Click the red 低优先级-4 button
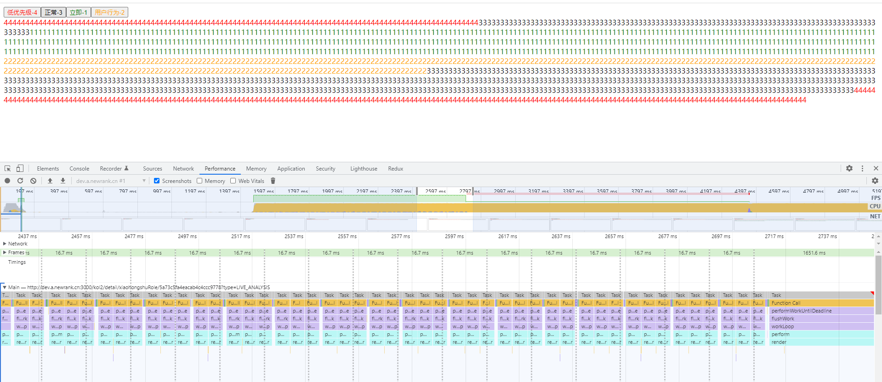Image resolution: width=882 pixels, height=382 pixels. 22,12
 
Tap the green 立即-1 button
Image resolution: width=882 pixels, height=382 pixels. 78,12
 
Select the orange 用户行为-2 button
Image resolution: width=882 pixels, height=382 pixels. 109,12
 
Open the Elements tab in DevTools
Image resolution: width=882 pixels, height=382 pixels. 48,169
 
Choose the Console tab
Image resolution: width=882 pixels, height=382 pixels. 79,169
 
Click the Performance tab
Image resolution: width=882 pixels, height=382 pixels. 220,169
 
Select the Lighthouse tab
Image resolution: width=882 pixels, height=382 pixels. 364,169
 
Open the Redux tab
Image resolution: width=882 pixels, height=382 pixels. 395,169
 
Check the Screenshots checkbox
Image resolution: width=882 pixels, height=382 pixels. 157,181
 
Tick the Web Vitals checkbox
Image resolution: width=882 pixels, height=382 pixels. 233,181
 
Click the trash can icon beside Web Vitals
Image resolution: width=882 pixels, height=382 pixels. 273,181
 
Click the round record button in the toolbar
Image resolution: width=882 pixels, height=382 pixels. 7,181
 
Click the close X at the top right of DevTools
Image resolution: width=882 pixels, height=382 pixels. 876,168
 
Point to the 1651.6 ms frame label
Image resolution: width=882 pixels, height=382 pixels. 814,253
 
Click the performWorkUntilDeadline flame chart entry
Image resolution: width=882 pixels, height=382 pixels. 801,311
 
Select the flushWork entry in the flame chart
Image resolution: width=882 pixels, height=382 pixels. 783,319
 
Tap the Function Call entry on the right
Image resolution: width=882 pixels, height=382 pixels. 785,303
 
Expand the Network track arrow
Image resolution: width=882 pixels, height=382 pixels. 5,244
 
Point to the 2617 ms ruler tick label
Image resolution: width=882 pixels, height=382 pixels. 507,236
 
